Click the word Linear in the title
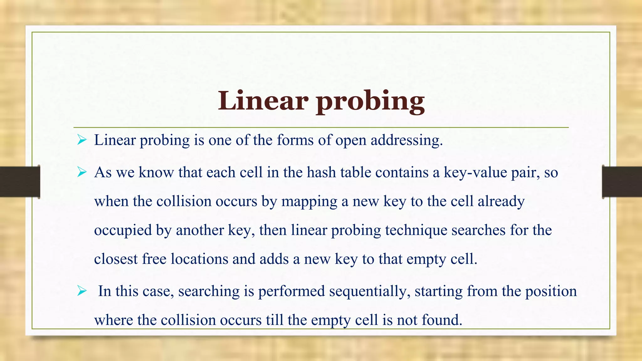pyautogui.click(x=263, y=101)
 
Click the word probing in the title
pyautogui.click(x=370, y=102)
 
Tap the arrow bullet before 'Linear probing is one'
pyautogui.click(x=82, y=140)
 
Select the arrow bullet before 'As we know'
pyautogui.click(x=82, y=172)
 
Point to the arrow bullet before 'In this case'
pyautogui.click(x=82, y=291)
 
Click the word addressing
pyautogui.click(x=407, y=140)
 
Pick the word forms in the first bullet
pyautogui.click(x=295, y=140)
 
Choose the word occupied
pyautogui.click(x=123, y=231)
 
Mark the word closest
pyautogui.click(x=116, y=259)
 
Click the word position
pyautogui.click(x=551, y=291)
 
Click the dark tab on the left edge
pyautogui.click(x=20, y=182)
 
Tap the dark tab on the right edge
pyautogui.click(x=622, y=182)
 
